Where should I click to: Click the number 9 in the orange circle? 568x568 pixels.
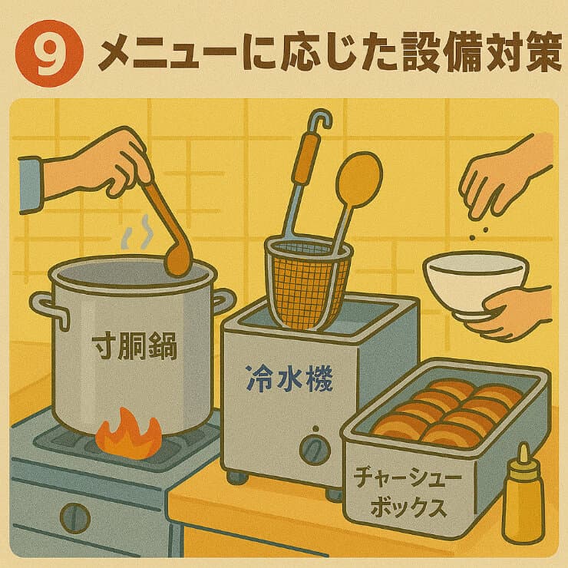point(50,54)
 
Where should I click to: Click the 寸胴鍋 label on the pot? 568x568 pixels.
point(134,347)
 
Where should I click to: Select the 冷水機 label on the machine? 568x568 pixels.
point(289,379)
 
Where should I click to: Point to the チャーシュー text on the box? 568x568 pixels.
point(408,477)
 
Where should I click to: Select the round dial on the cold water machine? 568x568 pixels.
point(315,450)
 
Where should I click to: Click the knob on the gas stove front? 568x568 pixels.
point(75,518)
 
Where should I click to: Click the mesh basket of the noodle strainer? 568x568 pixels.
point(309,283)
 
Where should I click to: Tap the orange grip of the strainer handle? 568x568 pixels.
point(307,160)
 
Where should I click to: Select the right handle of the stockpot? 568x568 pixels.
point(223,302)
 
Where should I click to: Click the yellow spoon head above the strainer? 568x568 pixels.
point(359,180)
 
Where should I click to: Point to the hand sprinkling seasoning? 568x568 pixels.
point(507,177)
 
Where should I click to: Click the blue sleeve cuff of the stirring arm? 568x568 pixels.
point(31,185)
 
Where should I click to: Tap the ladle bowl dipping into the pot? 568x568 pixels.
point(177,261)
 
